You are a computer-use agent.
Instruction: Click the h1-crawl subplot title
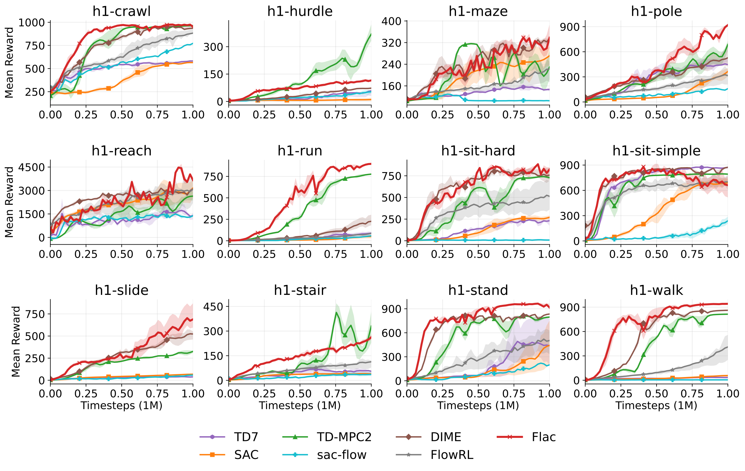[x=121, y=11]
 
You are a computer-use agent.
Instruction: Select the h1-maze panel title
[x=478, y=11]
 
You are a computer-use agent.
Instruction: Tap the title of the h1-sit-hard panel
[x=478, y=151]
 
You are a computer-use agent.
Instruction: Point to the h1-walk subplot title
[x=656, y=291]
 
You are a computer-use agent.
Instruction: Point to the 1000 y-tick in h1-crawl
[x=32, y=23]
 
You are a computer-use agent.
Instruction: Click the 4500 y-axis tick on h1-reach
[x=32, y=167]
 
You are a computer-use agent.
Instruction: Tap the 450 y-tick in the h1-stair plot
[x=213, y=307]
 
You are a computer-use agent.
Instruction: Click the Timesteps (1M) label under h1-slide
[x=121, y=406]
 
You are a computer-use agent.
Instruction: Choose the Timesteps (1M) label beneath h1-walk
[x=656, y=406]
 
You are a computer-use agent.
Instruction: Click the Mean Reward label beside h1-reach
[x=9, y=202]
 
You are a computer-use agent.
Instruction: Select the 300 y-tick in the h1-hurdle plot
[x=213, y=47]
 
